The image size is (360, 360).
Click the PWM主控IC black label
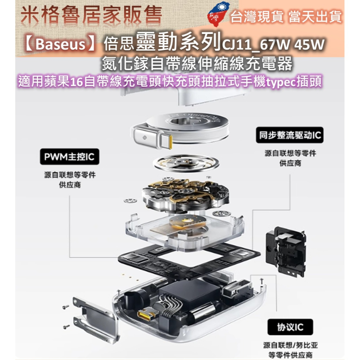pyautogui.click(x=69, y=157)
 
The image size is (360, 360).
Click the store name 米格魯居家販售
pyautogui.click(x=91, y=16)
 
